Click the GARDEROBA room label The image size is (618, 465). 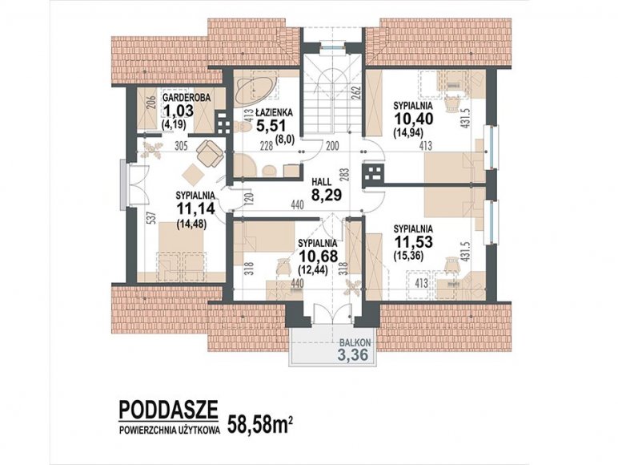pos(187,97)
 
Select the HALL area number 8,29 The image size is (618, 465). pos(327,195)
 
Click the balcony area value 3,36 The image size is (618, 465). pos(353,354)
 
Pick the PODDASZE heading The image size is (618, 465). pos(168,410)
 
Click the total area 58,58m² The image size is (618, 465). pos(260,425)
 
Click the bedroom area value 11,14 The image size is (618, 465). pos(196,208)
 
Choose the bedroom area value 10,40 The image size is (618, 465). pos(413,118)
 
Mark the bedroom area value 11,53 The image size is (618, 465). pos(413,241)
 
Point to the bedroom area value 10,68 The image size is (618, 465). pos(318,257)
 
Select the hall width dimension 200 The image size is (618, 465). pos(332,146)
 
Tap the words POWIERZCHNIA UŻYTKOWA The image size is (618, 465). pos(170,431)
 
